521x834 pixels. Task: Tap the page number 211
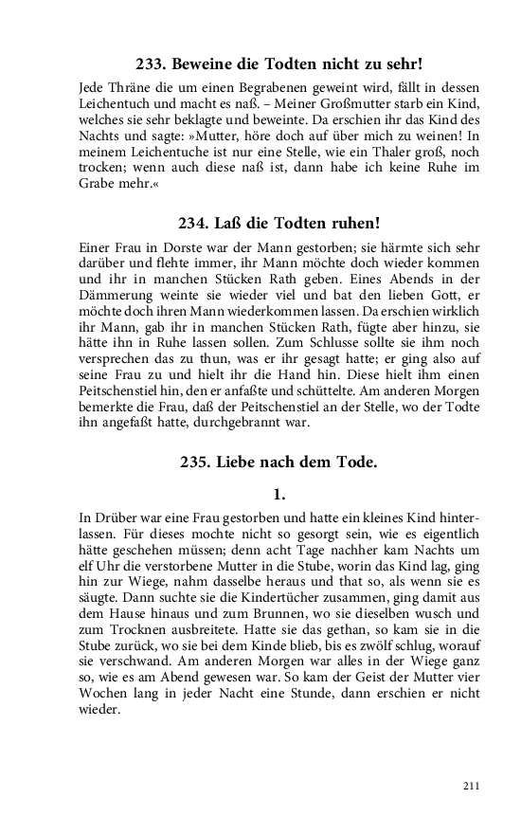point(472,786)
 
